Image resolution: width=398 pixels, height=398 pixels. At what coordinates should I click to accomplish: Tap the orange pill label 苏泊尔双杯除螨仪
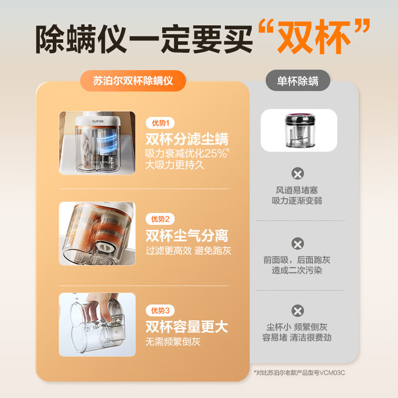[133, 81]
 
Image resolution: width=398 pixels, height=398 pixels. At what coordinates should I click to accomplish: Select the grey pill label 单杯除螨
[298, 81]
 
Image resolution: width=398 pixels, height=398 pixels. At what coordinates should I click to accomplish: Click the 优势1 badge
[160, 123]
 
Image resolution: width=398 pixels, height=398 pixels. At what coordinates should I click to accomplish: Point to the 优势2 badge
[160, 219]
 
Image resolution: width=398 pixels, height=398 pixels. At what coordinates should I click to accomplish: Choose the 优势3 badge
[160, 310]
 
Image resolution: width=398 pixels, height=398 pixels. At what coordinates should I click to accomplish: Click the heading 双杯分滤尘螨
[187, 138]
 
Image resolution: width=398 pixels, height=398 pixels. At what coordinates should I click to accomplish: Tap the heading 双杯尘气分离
[187, 235]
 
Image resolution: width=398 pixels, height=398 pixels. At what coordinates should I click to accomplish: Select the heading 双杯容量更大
[187, 327]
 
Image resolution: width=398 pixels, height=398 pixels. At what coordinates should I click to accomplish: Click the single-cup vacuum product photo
[298, 130]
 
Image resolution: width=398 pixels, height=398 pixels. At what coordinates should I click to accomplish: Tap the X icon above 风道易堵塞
[298, 174]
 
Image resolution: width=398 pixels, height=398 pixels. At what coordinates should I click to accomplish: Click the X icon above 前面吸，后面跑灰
[298, 244]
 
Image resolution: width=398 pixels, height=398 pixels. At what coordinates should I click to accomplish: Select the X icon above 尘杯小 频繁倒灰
[298, 311]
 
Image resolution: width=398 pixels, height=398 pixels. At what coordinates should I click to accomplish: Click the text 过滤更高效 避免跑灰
[188, 251]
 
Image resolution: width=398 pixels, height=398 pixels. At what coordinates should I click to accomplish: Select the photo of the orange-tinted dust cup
[97, 233]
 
